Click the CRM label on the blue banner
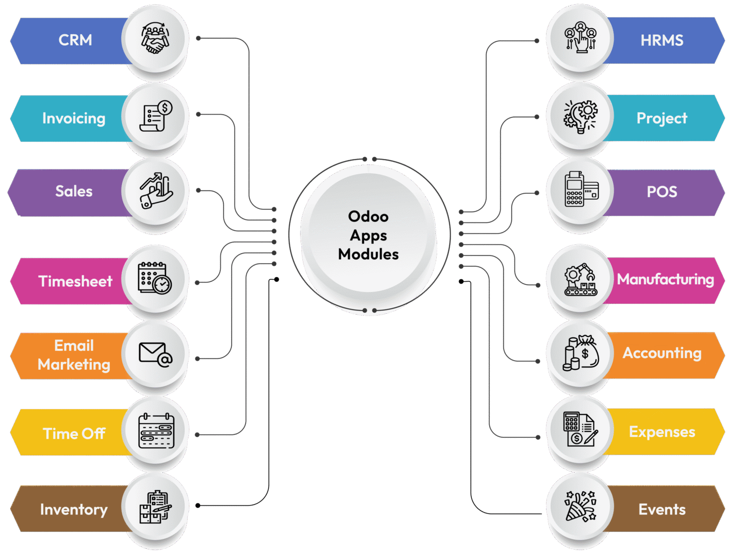coord(75,40)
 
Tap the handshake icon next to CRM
coord(155,38)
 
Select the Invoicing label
coord(74,118)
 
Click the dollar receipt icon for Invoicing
coord(156,116)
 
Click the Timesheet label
coord(75,281)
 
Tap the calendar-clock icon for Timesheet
coord(155,278)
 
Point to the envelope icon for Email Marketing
coord(155,355)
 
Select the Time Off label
coord(74,433)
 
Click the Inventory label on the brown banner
coord(74,509)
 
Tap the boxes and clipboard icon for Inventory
coord(155,507)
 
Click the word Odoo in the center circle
coord(368,216)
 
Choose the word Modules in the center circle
coord(368,254)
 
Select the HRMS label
coord(661,40)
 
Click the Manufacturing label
coord(665,279)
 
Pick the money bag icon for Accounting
coord(581,353)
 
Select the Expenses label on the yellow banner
coord(662,432)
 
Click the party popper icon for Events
coord(580,506)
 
